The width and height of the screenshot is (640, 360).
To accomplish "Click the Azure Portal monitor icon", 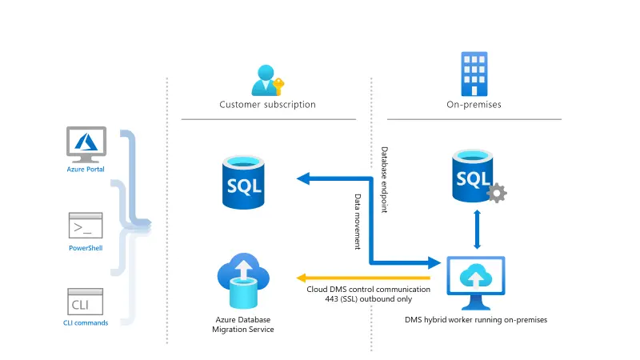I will (x=86, y=143).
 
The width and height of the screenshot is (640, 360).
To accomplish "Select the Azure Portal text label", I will (x=86, y=169).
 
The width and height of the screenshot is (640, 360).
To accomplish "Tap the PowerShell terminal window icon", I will (x=86, y=226).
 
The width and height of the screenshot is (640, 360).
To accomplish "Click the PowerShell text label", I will (x=86, y=249).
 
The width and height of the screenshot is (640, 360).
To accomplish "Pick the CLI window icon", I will (x=86, y=302).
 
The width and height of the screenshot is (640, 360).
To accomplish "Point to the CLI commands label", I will (x=86, y=323).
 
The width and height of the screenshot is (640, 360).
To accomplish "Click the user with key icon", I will (x=266, y=78).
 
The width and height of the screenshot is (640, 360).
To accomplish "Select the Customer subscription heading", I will (x=267, y=105).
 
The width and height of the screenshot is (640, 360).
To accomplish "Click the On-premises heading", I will (x=474, y=105).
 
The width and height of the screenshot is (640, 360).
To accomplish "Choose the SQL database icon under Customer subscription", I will (x=244, y=183).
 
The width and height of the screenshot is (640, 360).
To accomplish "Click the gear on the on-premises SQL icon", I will (x=498, y=193).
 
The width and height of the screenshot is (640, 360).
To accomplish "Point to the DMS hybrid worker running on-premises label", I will (x=476, y=320).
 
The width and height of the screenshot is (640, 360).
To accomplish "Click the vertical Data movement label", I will (x=358, y=222).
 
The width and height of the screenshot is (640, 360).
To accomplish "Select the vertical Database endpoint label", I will (x=384, y=180).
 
